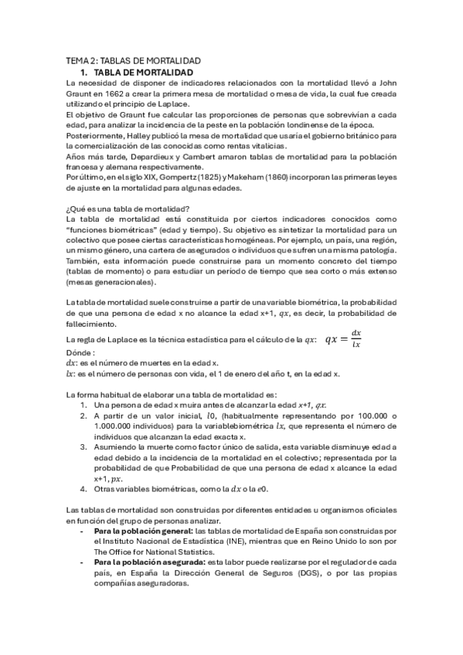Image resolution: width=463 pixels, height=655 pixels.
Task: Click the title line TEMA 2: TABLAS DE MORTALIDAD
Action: coord(134,60)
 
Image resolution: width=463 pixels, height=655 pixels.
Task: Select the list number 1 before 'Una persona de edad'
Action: coord(83,404)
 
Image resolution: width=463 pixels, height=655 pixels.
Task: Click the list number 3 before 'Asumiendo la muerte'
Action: coord(83,446)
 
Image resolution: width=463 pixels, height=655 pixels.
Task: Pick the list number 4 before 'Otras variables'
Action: coord(83,489)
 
